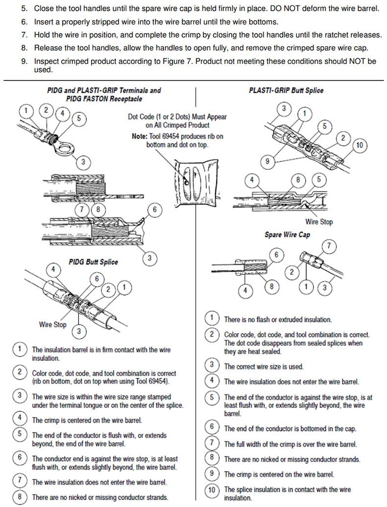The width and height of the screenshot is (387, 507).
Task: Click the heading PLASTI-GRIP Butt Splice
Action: point(286,90)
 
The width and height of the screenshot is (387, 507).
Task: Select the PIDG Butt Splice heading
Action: point(93,262)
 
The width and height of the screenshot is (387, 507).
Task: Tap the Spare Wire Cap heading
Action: point(287,235)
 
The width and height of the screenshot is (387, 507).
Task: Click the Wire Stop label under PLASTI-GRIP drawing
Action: point(319,221)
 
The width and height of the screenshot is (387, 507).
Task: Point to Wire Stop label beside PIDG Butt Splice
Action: point(52,324)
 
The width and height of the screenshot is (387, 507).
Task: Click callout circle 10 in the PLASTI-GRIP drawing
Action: point(360,145)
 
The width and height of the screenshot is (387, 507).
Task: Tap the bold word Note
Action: point(141,136)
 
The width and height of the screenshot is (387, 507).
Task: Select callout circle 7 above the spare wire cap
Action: point(329,246)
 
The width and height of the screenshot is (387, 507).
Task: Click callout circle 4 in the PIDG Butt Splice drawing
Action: point(54,269)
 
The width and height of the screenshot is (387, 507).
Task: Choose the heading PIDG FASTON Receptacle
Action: point(104,99)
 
